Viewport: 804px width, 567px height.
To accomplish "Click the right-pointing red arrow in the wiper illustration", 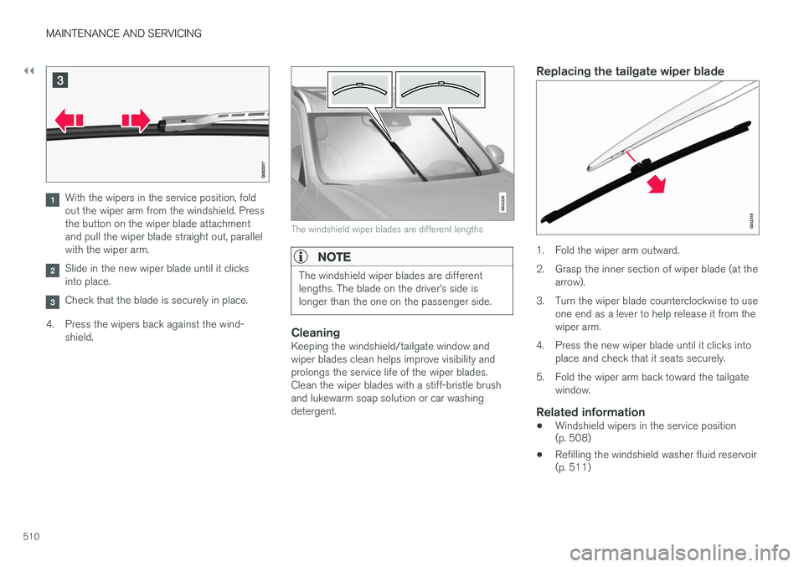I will [x=133, y=121].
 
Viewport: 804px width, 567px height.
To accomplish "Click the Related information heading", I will [x=590, y=412].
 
